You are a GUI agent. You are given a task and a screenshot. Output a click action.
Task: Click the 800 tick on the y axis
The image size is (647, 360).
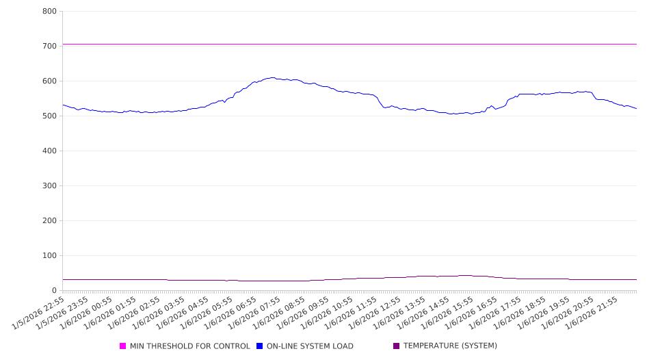[x=49, y=12]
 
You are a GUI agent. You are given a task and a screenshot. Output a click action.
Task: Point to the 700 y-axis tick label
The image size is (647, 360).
[x=49, y=47]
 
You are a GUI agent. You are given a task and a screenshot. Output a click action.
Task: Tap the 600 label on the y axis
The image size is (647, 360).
[x=49, y=81]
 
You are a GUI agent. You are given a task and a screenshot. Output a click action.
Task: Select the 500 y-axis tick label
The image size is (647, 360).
[x=49, y=116]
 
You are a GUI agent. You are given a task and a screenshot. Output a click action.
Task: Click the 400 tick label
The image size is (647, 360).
[x=49, y=151]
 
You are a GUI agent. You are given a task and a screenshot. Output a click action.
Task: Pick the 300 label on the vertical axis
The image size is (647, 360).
[x=49, y=186]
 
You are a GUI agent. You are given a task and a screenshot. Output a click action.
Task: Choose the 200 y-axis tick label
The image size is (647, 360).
[x=49, y=221]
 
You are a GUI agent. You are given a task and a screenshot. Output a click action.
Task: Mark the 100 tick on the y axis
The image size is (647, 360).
[x=49, y=256]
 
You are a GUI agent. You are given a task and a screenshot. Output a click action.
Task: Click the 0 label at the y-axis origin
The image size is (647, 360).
[x=54, y=291]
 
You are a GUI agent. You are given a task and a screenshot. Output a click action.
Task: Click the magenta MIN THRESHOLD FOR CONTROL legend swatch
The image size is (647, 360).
[x=123, y=346]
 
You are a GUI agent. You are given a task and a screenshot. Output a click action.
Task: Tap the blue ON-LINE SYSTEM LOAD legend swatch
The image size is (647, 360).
[x=260, y=346]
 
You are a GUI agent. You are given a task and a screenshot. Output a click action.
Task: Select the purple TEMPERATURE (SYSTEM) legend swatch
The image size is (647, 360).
[x=397, y=346]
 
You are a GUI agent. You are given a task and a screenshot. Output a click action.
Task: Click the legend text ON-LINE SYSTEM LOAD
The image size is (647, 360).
[x=310, y=346]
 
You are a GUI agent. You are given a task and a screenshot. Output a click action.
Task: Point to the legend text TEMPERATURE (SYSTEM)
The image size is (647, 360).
[x=450, y=346]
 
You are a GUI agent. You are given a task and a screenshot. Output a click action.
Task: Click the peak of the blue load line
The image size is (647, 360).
[x=273, y=77]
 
